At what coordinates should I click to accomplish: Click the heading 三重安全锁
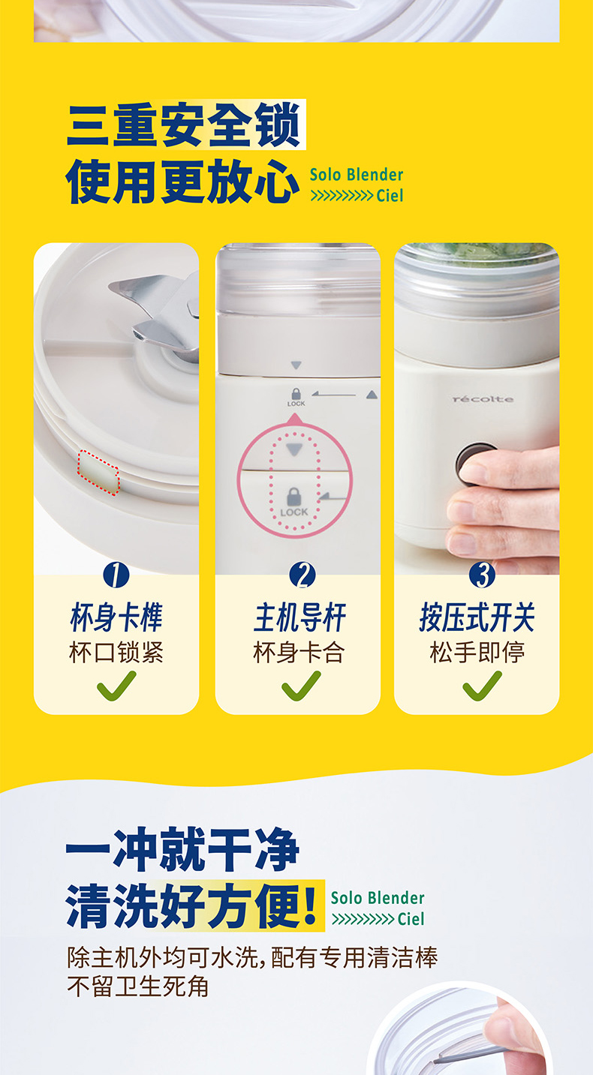pyautogui.click(x=185, y=125)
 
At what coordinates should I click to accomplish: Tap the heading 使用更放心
pyautogui.click(x=182, y=182)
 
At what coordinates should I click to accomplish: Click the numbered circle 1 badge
pyautogui.click(x=116, y=575)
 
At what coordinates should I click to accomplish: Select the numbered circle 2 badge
pyautogui.click(x=303, y=575)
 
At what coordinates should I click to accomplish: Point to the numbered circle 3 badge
pyautogui.click(x=482, y=575)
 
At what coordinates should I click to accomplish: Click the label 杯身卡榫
pyautogui.click(x=116, y=617)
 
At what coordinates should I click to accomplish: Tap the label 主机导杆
pyautogui.click(x=300, y=617)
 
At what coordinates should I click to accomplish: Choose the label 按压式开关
pyautogui.click(x=477, y=617)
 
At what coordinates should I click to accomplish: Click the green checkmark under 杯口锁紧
pyautogui.click(x=116, y=686)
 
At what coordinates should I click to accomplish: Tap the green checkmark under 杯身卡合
pyautogui.click(x=301, y=686)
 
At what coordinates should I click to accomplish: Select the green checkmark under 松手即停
pyautogui.click(x=482, y=686)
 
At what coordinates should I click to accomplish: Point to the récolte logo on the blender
pyautogui.click(x=483, y=399)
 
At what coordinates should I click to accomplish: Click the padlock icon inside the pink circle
pyautogui.click(x=293, y=497)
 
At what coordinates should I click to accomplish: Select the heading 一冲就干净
pyautogui.click(x=182, y=848)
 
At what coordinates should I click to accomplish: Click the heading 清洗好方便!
pyautogui.click(x=191, y=905)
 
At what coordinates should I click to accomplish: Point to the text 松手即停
pyautogui.click(x=477, y=652)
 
